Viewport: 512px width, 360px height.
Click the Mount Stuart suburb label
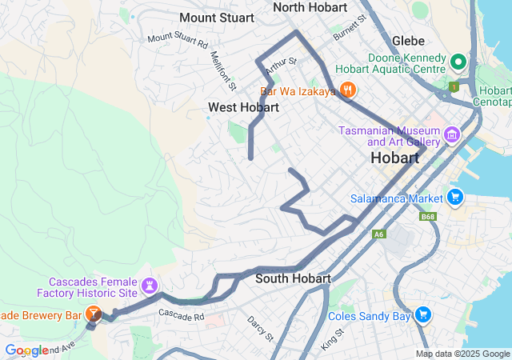point(216,18)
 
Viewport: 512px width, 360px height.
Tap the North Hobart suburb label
point(310,7)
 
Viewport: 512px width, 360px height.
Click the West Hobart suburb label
point(243,107)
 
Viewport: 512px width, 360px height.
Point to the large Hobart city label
point(395,158)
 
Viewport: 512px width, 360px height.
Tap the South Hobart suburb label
point(293,278)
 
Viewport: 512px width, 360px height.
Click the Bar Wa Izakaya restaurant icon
point(347,90)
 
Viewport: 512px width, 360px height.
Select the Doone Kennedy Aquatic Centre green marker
point(458,61)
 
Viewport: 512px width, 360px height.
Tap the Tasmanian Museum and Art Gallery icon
point(451,135)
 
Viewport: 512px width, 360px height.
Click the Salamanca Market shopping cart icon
point(455,197)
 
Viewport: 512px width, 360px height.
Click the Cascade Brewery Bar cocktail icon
point(93,314)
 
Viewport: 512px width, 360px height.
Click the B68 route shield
point(428,216)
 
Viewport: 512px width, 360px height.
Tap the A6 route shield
point(378,234)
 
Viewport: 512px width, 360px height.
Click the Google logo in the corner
point(26,350)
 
